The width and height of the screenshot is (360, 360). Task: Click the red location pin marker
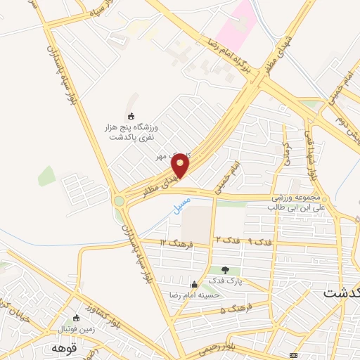(x=181, y=165)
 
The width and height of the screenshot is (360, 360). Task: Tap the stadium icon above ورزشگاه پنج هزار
(x=130, y=116)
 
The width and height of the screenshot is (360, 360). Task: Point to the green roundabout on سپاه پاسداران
(x=120, y=202)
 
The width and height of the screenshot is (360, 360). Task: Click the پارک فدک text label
(x=225, y=281)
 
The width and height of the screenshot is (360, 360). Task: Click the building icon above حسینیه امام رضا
(x=194, y=283)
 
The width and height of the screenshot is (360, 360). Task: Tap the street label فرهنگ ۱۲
(x=172, y=243)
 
